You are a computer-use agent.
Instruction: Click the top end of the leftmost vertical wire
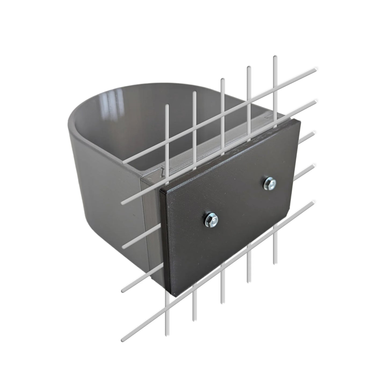click(x=167, y=105)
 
